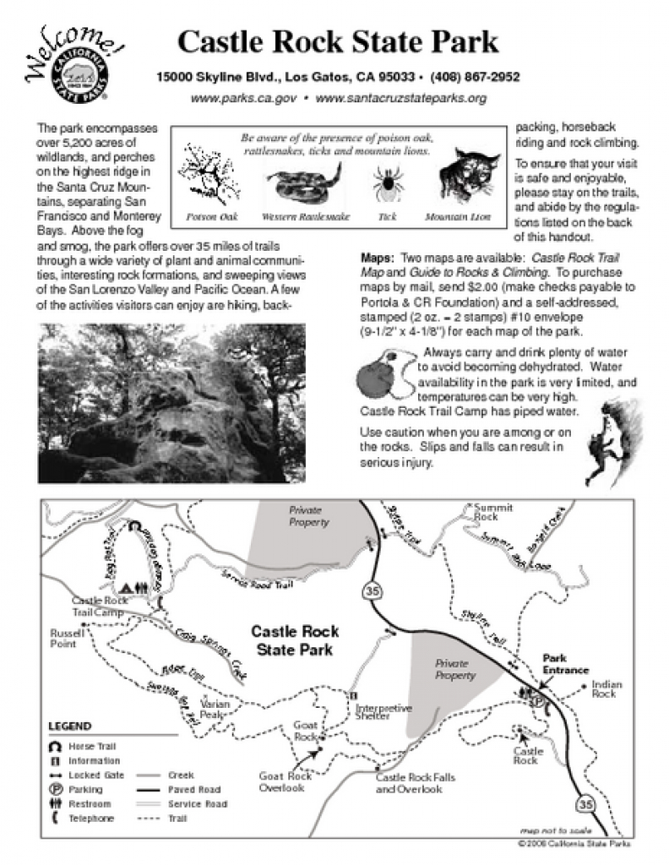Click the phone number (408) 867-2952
click(x=475, y=77)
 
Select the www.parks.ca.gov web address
click(x=243, y=98)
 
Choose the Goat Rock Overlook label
click(x=284, y=782)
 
